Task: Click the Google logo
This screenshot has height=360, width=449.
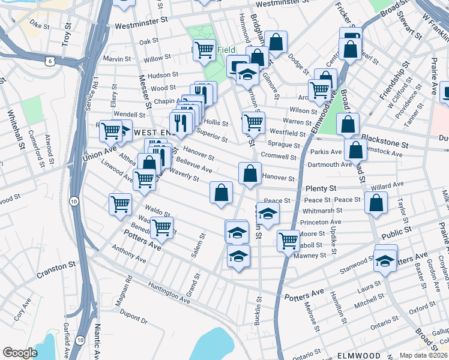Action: click(20, 353)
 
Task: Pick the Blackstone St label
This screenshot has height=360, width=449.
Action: click(385, 145)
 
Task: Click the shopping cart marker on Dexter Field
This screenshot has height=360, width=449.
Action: click(204, 50)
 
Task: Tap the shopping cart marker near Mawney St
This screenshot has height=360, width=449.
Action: click(288, 241)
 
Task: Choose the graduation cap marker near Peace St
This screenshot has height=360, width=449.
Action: click(268, 214)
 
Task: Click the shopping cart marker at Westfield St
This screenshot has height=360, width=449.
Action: click(253, 122)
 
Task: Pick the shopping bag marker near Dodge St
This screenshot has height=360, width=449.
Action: click(276, 42)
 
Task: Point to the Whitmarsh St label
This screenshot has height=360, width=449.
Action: click(322, 211)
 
